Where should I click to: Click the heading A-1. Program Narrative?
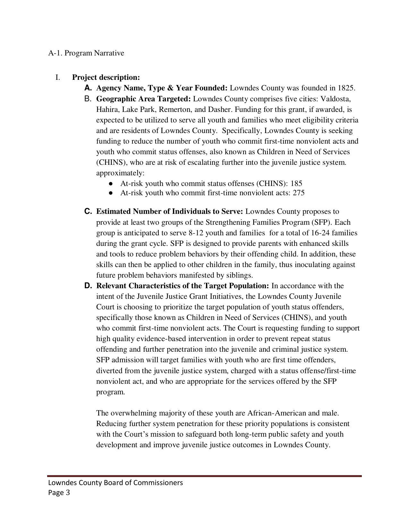pyautogui.click(x=86, y=53)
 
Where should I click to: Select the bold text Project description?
pyautogui.click(x=106, y=78)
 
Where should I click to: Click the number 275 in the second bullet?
pyautogui.click(x=298, y=193)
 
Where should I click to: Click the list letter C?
pyautogui.click(x=88, y=212)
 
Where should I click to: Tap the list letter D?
pyautogui.click(x=88, y=286)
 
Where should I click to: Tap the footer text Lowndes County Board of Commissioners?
pyautogui.click(x=115, y=483)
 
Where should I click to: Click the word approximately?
pyautogui.click(x=120, y=173)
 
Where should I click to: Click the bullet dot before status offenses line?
pyautogui.click(x=111, y=184)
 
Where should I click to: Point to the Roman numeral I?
pyautogui.click(x=58, y=78)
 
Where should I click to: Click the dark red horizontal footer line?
pyautogui.click(x=204, y=476)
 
